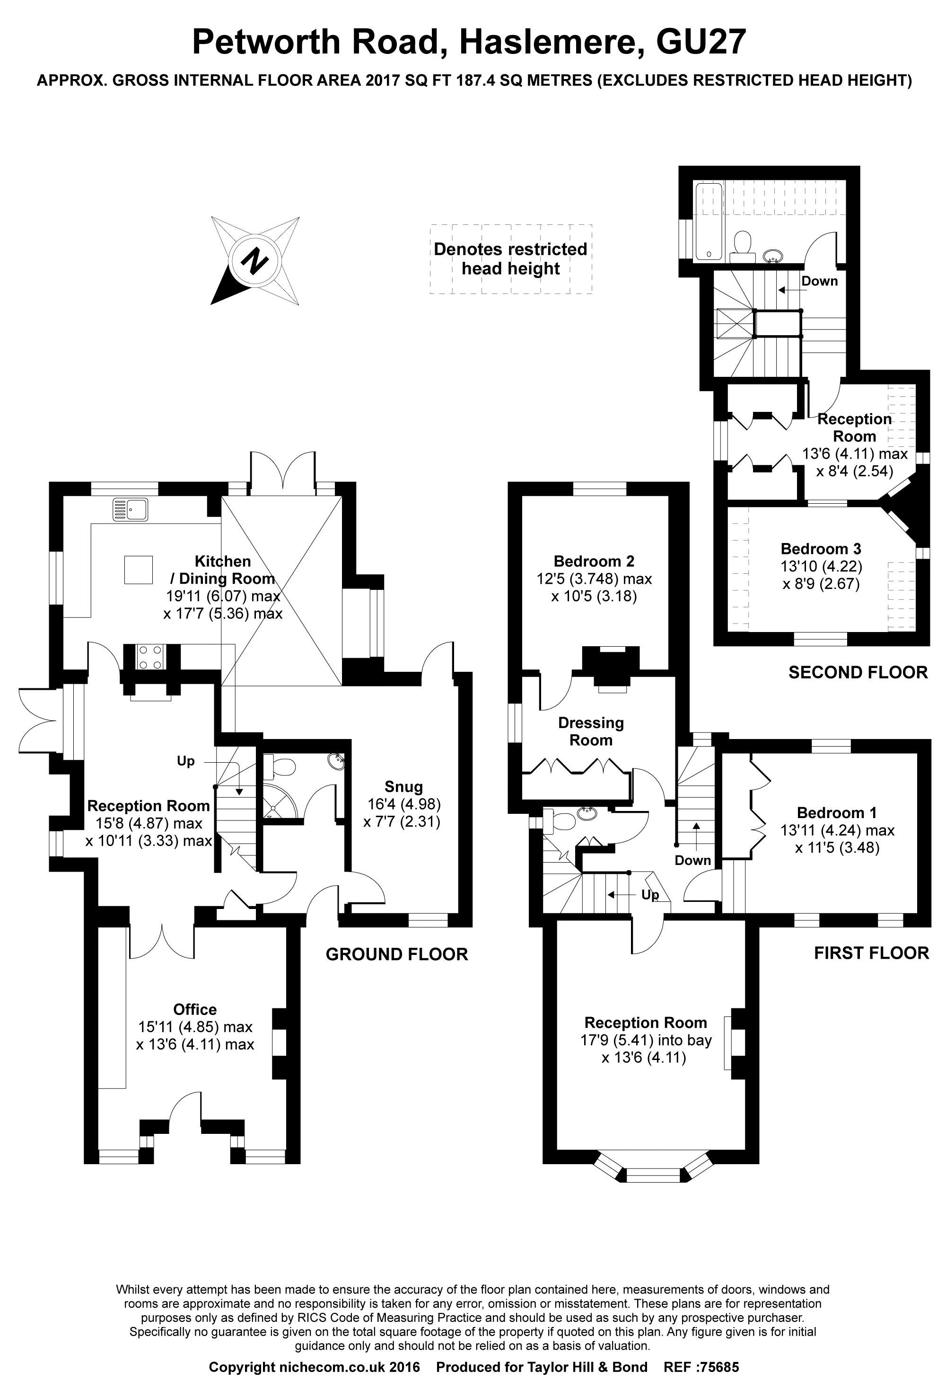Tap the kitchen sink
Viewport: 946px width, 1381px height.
[131, 510]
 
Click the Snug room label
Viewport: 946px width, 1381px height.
[404, 787]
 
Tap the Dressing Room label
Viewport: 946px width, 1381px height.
[591, 731]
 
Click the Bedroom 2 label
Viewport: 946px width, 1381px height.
[594, 561]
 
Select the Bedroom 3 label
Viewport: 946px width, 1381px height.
[821, 549]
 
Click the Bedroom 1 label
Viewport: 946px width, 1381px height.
[837, 812]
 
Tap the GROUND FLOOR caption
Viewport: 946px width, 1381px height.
[397, 954]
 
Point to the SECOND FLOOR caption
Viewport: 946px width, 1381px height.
[858, 672]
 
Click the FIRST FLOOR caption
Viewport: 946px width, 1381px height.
[871, 953]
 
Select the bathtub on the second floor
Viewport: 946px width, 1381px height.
[709, 222]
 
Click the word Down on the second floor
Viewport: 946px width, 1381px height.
[820, 281]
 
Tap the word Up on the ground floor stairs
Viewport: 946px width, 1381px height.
[186, 761]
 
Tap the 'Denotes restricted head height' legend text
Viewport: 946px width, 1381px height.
[511, 258]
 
